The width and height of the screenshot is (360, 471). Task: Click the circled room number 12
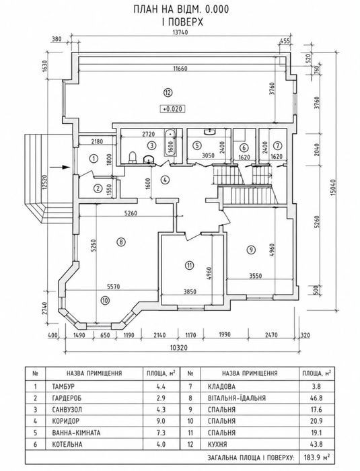point(168,93)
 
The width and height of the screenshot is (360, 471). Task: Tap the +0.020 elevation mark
point(172,109)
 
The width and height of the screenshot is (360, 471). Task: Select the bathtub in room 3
point(170,143)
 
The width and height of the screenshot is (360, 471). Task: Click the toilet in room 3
point(132,157)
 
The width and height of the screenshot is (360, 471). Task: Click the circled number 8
point(121,242)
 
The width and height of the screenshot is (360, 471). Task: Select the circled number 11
point(189,265)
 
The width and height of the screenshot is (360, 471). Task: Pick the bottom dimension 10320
point(179,348)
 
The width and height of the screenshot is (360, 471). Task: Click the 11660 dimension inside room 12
point(180,69)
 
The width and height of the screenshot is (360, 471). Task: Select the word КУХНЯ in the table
point(217,444)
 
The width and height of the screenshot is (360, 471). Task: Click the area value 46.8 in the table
point(316,398)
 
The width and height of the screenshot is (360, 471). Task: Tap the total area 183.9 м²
point(317,458)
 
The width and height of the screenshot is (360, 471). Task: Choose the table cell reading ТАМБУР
point(63,386)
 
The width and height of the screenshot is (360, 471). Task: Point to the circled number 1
point(94,158)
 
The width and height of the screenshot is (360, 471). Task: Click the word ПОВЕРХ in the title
point(186,22)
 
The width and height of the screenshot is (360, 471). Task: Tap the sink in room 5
point(209,131)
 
